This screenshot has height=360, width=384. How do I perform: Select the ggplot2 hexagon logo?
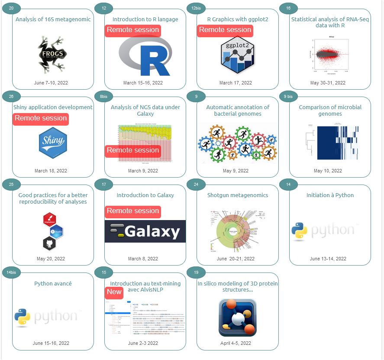click(237, 57)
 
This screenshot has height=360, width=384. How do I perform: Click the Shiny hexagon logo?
click(52, 143)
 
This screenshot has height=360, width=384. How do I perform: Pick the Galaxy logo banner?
click(145, 231)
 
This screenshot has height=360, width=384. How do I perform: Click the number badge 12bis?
click(196, 8)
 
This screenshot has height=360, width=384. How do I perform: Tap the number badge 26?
click(11, 96)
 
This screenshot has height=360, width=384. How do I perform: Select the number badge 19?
click(196, 272)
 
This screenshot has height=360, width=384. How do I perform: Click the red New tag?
click(114, 292)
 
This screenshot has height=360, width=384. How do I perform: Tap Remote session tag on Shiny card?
click(41, 118)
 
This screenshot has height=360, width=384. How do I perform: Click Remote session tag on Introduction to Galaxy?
click(133, 211)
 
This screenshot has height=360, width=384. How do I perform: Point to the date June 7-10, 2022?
click(51, 83)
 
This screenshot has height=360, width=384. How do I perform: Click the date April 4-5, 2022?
click(236, 343)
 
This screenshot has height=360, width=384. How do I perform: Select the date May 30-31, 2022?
click(328, 83)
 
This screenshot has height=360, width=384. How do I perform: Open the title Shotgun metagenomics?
click(237, 195)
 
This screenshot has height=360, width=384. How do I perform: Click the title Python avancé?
click(53, 284)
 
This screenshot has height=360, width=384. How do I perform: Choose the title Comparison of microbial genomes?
click(330, 110)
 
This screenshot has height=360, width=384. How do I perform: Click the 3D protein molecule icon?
click(237, 317)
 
